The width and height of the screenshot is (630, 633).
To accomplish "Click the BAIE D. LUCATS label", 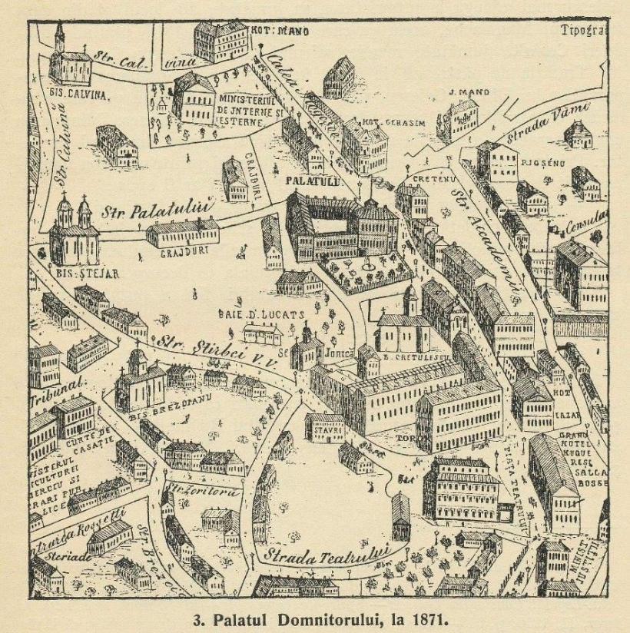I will point(267,314).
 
